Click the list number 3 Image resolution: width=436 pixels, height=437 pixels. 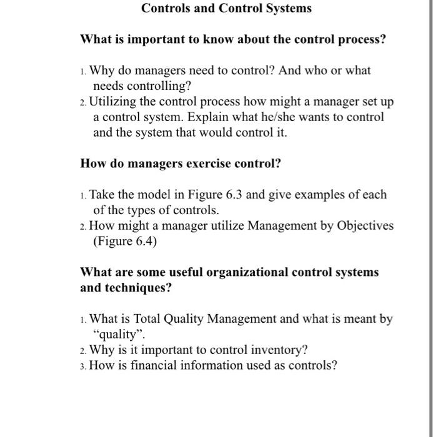(x=84, y=366)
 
